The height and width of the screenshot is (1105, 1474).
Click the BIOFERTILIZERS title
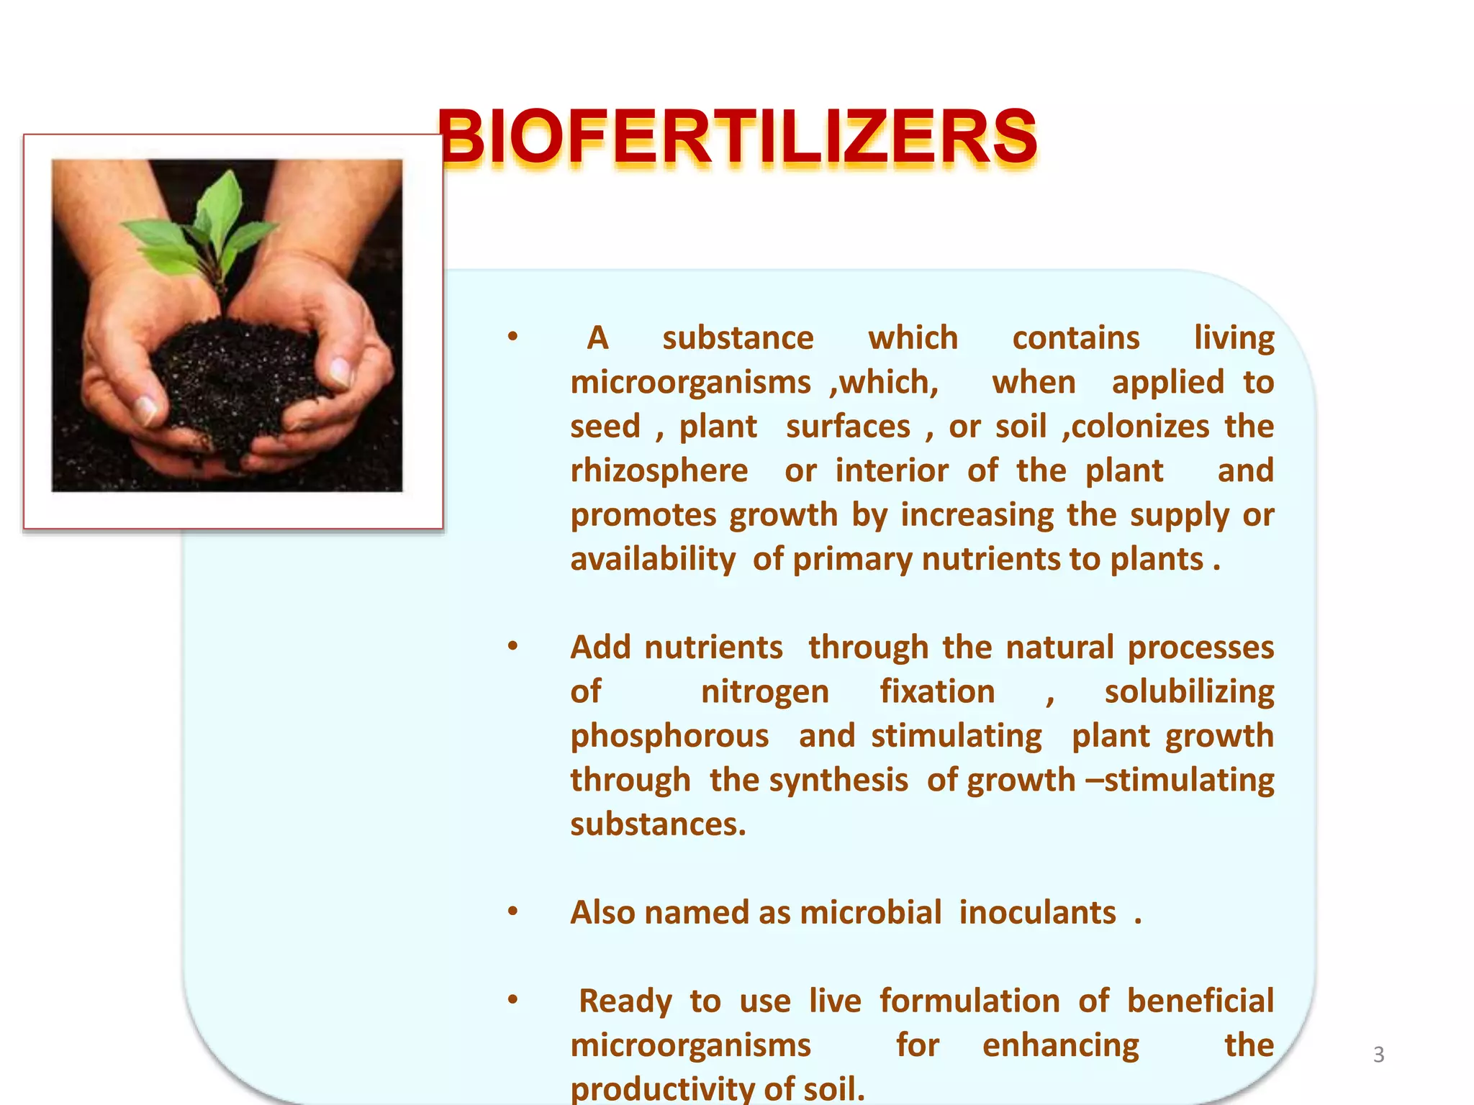737,137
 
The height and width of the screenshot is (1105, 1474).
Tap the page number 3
1378,1055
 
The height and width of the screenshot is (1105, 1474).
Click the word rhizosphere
659,471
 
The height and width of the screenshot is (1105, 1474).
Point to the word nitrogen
764,692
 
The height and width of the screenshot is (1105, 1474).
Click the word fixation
937,692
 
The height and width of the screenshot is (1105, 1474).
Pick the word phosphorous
669,737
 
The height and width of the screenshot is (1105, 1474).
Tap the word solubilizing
1189,692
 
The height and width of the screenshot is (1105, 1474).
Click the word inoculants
1037,913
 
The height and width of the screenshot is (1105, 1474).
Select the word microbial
870,913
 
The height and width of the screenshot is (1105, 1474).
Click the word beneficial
1200,1001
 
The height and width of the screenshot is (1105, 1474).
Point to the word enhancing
1060,1045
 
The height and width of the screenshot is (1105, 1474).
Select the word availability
653,560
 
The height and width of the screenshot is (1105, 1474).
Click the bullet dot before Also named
512,911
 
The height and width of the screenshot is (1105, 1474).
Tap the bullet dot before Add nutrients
512,646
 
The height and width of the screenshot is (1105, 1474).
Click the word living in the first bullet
1234,339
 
